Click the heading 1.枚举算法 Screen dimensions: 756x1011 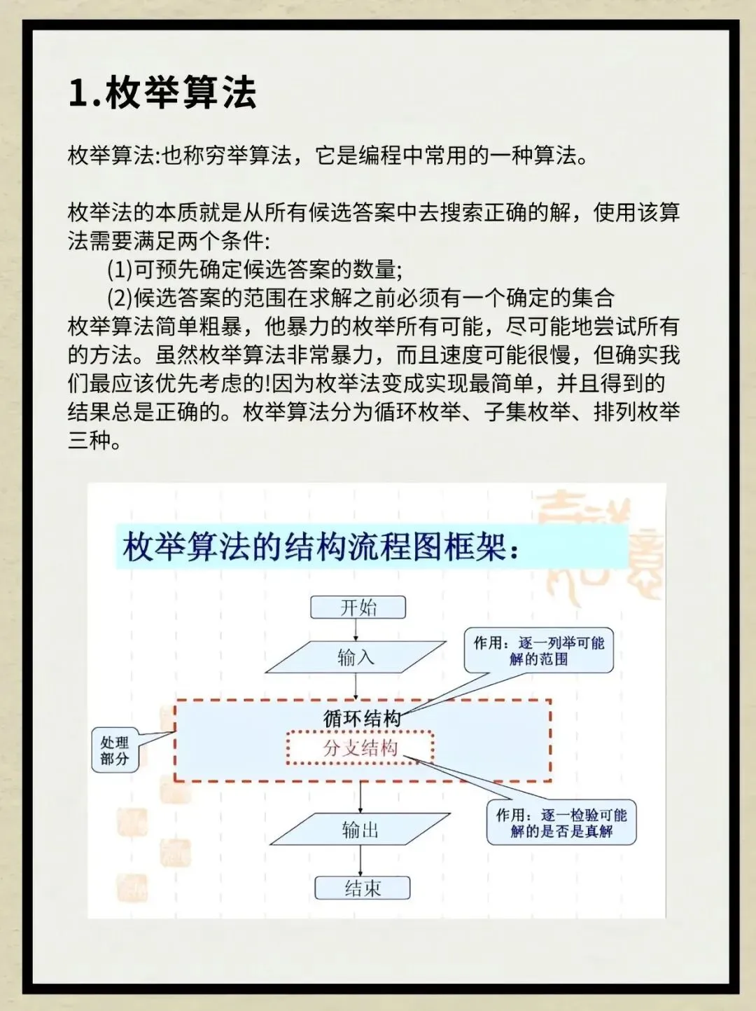tap(162, 92)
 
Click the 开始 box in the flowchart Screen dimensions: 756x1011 tap(358, 607)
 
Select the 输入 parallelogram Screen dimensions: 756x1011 tap(356, 657)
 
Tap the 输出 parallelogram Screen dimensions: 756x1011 tap(360, 830)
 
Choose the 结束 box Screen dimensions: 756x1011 tap(362, 888)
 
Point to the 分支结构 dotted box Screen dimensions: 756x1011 tap(360, 748)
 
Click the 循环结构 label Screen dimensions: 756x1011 tap(362, 718)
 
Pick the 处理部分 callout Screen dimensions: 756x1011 tap(114, 750)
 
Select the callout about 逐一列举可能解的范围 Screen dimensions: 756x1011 tap(538, 651)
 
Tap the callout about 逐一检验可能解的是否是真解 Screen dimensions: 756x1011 tap(561, 823)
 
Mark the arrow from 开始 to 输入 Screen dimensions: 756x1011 tap(356, 629)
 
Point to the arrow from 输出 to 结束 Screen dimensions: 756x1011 tap(360, 861)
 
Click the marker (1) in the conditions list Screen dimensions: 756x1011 tap(120, 270)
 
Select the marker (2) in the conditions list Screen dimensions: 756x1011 tap(120, 298)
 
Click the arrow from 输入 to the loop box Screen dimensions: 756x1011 tap(356, 687)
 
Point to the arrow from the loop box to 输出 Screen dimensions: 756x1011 tap(360, 797)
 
